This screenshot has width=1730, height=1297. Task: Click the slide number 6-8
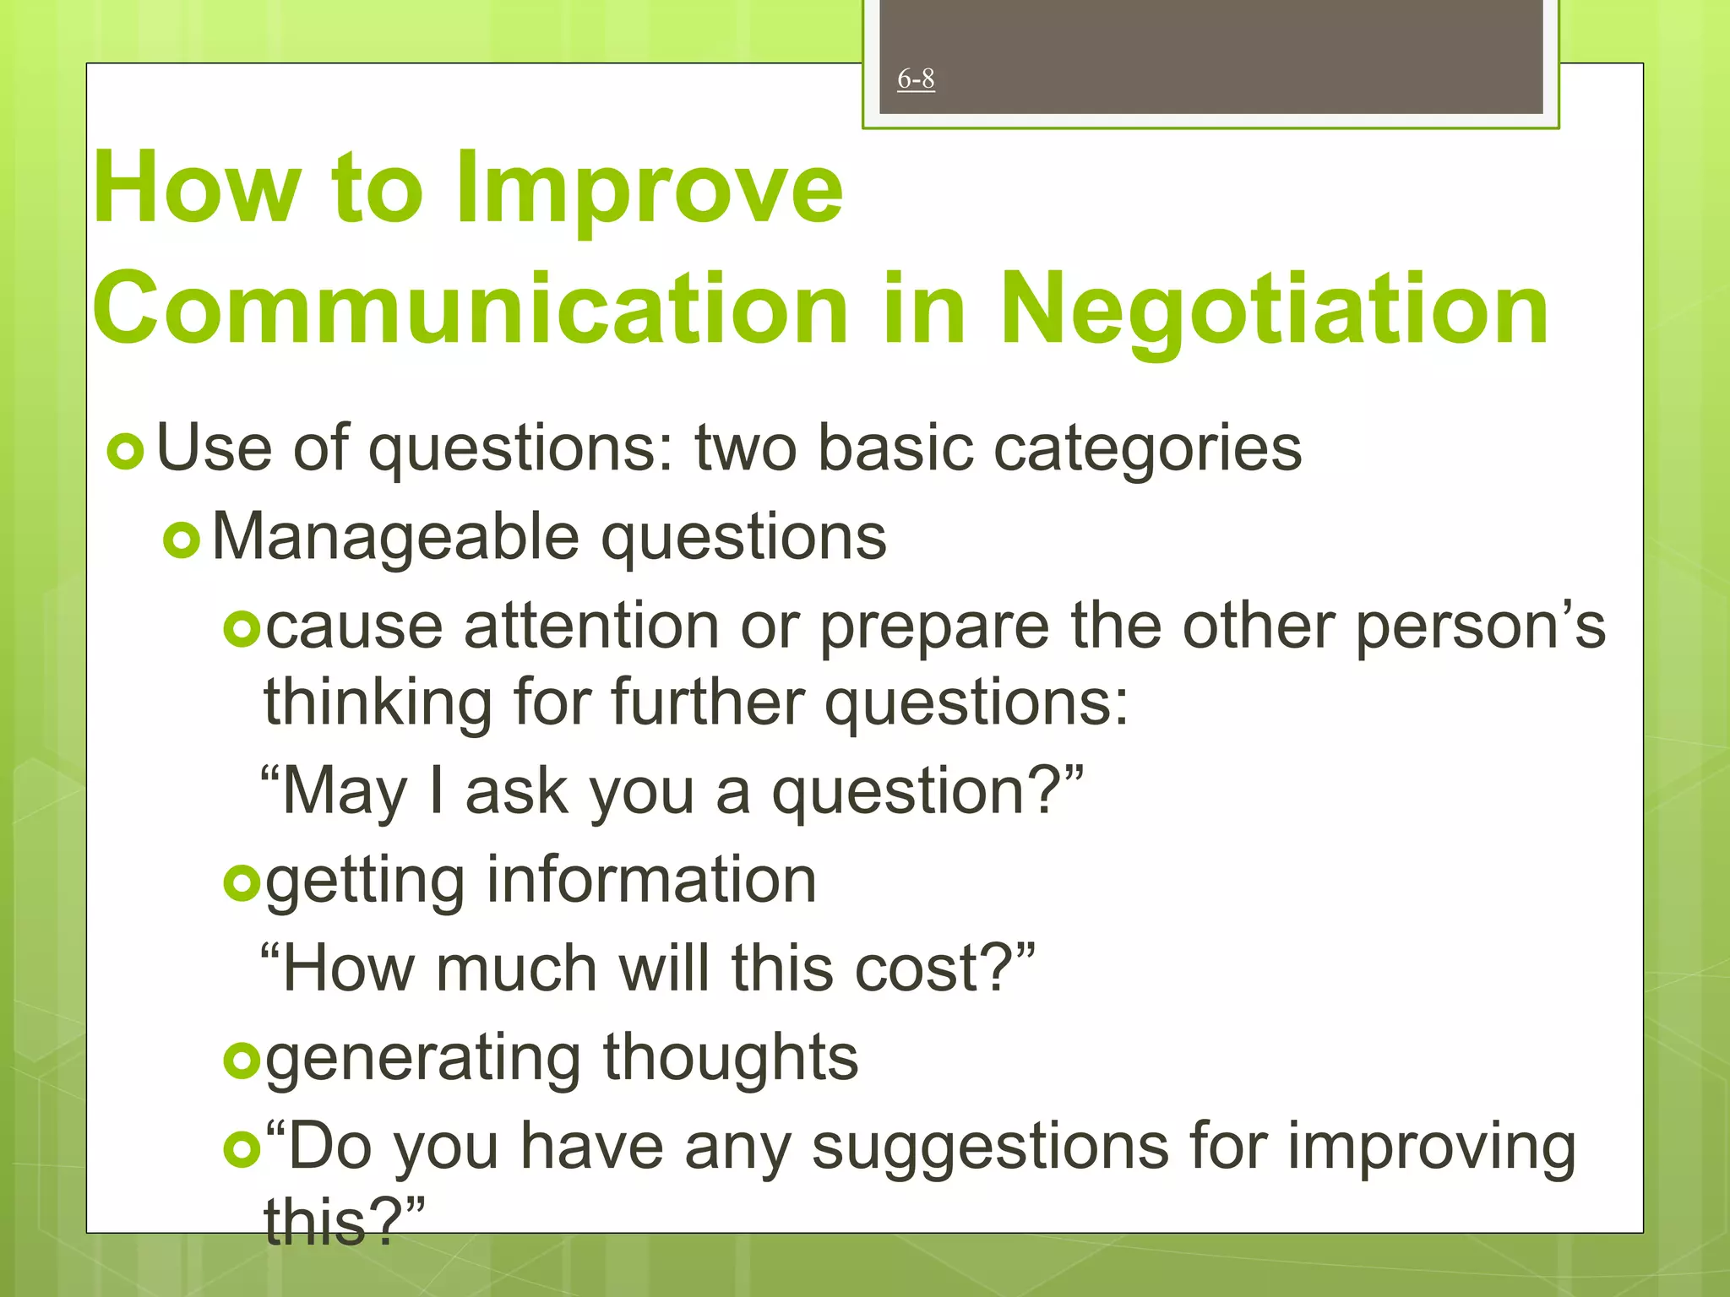(916, 79)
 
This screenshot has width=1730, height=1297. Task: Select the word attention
(591, 627)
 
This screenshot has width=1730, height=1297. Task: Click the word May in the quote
(344, 791)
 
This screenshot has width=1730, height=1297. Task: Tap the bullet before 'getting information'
(242, 883)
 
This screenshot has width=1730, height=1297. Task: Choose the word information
(651, 880)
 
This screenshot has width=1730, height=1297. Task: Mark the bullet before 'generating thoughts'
(242, 1060)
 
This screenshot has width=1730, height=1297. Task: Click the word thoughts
(731, 1057)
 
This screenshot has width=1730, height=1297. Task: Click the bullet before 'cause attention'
(242, 628)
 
